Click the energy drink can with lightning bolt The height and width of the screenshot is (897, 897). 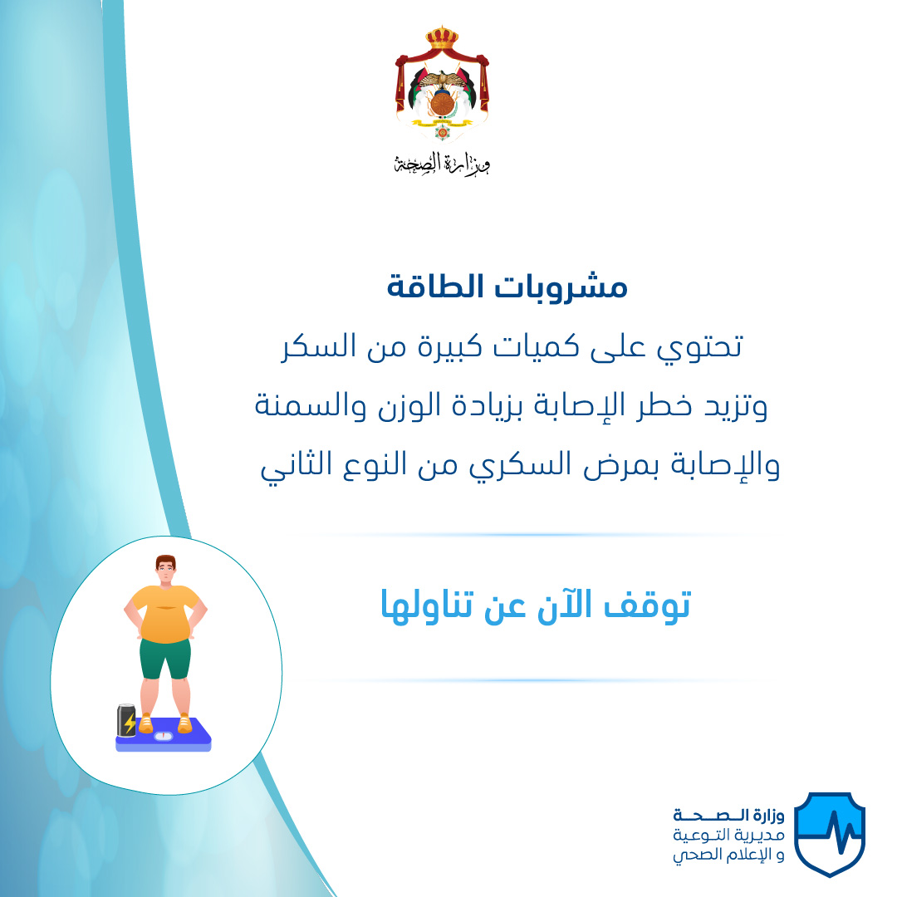click(126, 720)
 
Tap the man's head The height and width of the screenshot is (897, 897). click(166, 570)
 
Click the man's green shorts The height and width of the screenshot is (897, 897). click(165, 659)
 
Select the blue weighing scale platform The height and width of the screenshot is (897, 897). click(164, 735)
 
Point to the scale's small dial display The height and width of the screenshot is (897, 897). click(164, 736)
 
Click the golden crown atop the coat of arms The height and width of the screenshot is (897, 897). click(442, 37)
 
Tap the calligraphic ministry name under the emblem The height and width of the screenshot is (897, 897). click(442, 164)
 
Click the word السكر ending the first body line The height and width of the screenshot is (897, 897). click(316, 346)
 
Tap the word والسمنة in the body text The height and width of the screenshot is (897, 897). click(311, 405)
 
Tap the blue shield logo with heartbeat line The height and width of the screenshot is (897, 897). click(830, 834)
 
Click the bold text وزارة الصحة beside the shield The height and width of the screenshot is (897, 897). click(729, 815)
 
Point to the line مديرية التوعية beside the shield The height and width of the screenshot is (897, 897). click(729, 835)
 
